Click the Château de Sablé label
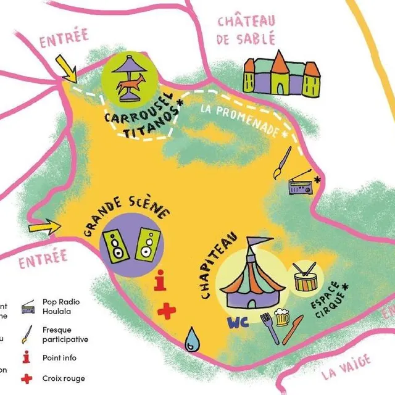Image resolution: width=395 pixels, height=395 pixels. pos(246,30)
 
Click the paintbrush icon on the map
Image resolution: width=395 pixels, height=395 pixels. pos(281,162)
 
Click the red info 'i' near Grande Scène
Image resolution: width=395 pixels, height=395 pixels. pos(161,281)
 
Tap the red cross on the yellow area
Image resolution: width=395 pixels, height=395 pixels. pos(166,311)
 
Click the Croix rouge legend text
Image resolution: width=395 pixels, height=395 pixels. pos(64,378)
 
